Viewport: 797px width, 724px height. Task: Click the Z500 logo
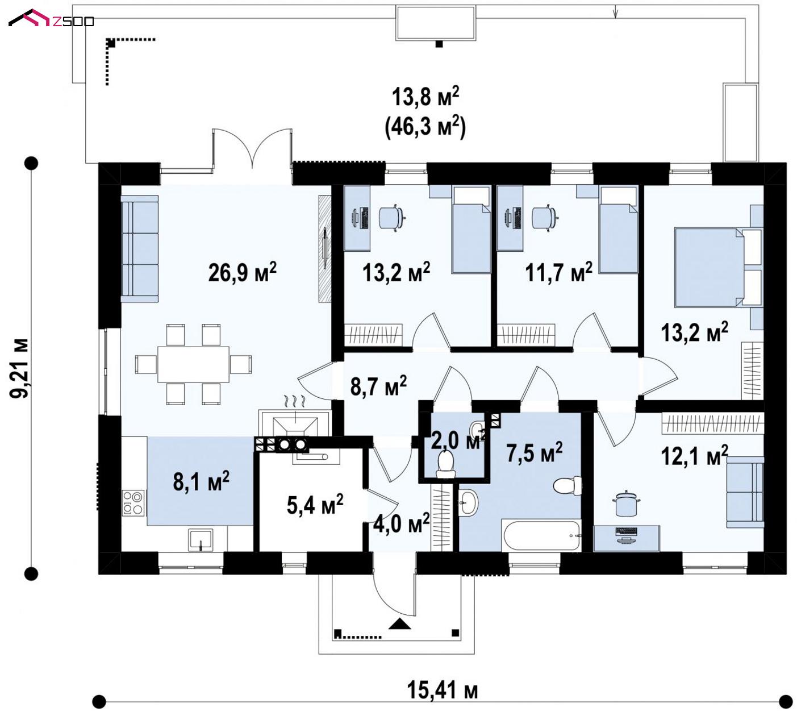point(51,18)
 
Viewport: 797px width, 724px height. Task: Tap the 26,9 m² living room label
point(243,272)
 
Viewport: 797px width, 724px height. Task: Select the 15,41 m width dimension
point(442,690)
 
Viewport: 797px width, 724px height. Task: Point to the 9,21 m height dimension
point(19,369)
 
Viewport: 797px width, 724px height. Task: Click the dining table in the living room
point(193,364)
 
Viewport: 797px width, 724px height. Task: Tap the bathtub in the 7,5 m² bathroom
point(541,535)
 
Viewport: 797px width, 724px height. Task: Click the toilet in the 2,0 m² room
point(445,463)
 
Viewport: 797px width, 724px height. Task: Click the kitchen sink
point(200,539)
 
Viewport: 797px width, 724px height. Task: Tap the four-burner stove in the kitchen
point(133,504)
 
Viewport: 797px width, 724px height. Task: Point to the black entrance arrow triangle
point(399,623)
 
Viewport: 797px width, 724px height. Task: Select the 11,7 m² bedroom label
point(558,272)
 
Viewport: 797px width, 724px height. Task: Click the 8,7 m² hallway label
point(378,386)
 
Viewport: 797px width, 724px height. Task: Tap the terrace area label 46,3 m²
point(425,126)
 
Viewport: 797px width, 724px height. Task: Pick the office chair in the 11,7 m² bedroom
point(545,218)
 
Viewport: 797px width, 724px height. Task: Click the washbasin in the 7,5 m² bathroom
point(469,502)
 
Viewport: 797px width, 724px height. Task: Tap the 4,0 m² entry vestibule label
point(401,523)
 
